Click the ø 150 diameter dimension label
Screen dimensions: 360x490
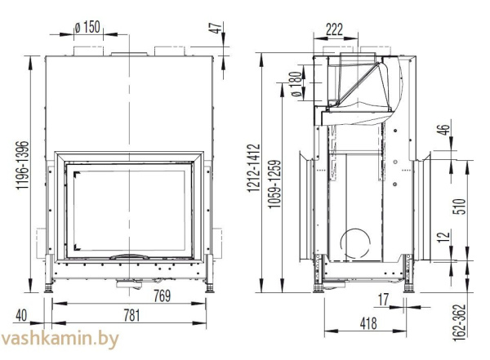click(87, 27)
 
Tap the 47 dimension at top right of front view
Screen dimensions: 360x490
click(216, 29)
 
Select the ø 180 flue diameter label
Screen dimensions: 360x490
click(296, 82)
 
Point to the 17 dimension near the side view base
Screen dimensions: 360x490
click(384, 299)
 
